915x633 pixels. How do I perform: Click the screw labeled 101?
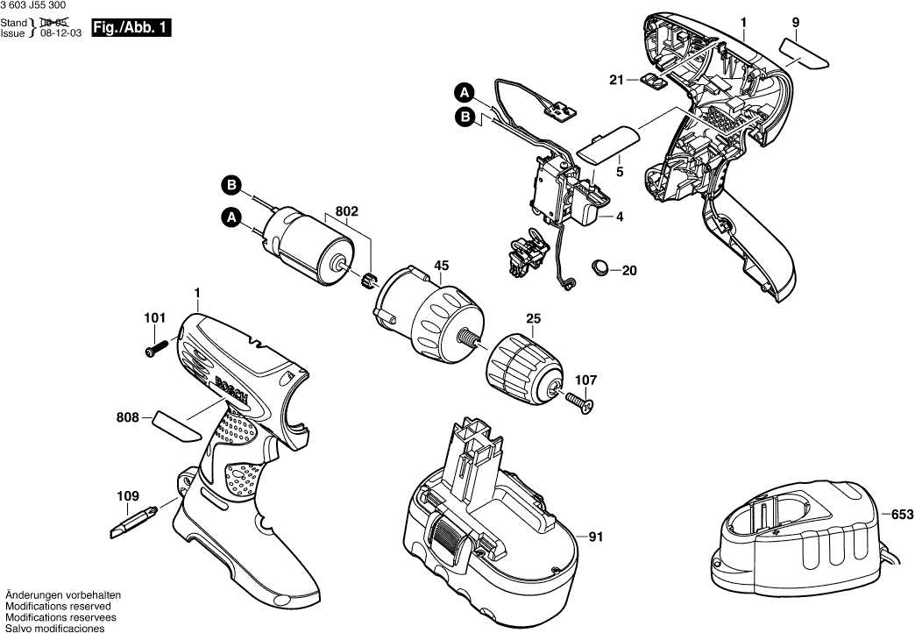155,349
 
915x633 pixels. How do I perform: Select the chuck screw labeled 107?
578,402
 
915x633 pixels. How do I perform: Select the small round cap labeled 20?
599,268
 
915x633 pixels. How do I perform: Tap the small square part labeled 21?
651,81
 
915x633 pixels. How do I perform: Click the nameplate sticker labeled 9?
804,53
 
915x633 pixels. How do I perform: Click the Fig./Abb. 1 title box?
131,28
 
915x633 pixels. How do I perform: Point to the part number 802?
346,210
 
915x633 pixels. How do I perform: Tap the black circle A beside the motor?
232,217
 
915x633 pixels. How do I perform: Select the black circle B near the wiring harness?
465,117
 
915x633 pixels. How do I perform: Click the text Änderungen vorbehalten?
63,595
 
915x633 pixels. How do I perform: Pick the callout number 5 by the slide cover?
619,172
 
